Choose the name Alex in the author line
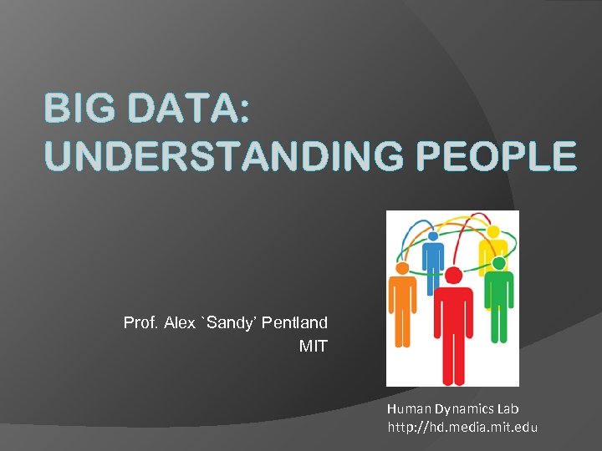180,322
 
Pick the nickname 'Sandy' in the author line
228,322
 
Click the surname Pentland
294,322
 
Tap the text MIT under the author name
314,345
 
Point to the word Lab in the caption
507,409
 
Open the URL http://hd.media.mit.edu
462,428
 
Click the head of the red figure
453,276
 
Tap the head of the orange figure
402,268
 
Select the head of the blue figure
433,236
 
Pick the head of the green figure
499,264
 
